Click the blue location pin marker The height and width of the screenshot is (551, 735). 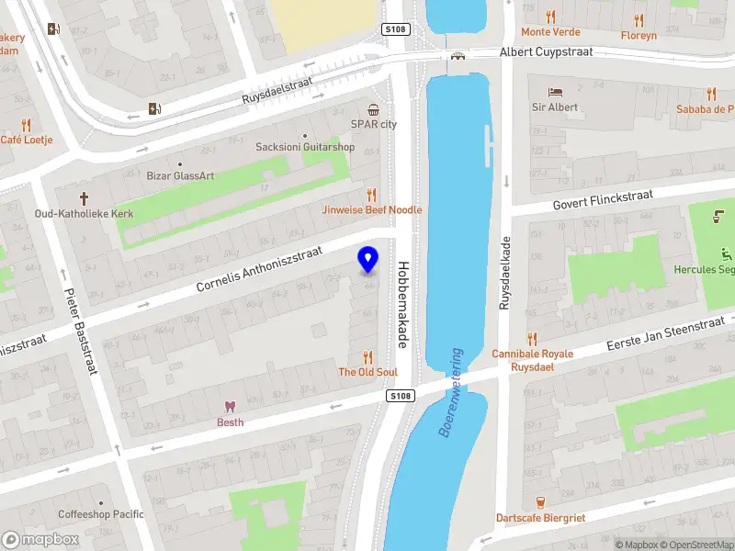pos(368,259)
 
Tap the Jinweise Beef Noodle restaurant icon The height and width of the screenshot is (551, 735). pos(372,195)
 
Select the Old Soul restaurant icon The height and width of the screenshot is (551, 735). pos(368,356)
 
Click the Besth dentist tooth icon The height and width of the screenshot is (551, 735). pos(230,407)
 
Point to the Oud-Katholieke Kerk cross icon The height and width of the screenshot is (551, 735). pos(84,198)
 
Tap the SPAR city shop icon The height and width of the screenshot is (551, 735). pos(373,108)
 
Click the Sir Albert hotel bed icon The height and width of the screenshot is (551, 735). pos(555,92)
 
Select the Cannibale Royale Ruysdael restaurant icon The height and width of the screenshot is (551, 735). pos(531,339)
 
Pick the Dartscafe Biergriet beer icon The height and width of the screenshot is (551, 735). pos(540,501)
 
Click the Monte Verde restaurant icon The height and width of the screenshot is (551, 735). pos(550,17)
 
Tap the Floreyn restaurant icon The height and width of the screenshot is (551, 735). pos(639,17)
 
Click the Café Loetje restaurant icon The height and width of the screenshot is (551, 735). pos(26,125)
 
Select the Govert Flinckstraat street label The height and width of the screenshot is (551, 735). pos(602,197)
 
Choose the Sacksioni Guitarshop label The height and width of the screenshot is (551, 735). pos(305,147)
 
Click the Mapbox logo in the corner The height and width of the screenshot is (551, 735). pos(40,540)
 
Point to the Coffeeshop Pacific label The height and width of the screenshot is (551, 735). pos(101,514)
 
